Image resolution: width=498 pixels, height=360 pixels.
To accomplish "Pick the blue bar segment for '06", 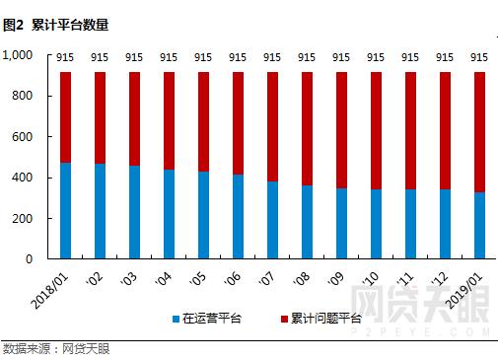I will [238, 216].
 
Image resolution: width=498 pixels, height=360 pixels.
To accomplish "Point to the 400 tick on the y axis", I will [26, 178].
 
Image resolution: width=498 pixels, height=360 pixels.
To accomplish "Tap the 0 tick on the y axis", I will [33, 258].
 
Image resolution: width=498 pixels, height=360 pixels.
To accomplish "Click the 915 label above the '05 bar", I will [203, 58].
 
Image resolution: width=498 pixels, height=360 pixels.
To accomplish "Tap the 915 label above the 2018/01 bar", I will [65, 58].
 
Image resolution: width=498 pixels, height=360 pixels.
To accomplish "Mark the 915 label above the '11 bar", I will [410, 58].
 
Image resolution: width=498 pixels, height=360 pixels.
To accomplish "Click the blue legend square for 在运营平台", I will [174, 319].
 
